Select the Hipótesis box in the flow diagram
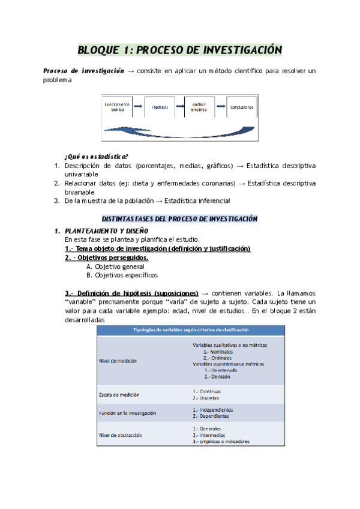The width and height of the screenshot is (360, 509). [160, 107]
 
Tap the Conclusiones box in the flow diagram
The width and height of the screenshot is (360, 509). [241, 107]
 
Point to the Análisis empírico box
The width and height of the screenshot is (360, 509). [199, 107]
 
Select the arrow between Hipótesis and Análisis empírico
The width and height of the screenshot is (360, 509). [179, 107]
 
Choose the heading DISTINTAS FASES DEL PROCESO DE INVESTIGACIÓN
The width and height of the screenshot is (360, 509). [180, 218]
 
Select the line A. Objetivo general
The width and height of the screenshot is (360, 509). [115, 267]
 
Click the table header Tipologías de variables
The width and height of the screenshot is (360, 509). [191, 330]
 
